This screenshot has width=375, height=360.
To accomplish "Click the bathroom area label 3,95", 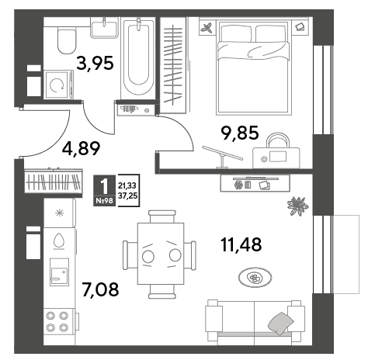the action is pyautogui.click(x=95, y=64).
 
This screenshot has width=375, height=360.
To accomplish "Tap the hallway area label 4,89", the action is pyautogui.click(x=81, y=149).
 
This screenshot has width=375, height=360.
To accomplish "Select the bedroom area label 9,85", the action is pyautogui.click(x=240, y=133).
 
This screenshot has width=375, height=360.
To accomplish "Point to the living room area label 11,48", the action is pyautogui.click(x=241, y=244).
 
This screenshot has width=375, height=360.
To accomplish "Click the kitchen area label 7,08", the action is pyautogui.click(x=100, y=289).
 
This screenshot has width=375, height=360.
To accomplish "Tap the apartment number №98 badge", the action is pyautogui.click(x=105, y=201).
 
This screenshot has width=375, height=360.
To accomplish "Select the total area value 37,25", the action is pyautogui.click(x=127, y=196).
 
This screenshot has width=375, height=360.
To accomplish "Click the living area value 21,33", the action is pyautogui.click(x=127, y=185).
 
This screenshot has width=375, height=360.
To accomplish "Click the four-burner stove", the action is pyautogui.click(x=59, y=322).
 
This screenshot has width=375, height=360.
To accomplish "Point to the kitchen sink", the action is pyautogui.click(x=60, y=272).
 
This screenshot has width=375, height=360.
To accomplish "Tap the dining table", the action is pyautogui.click(x=161, y=254).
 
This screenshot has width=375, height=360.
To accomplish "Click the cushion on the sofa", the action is pyautogui.click(x=280, y=323).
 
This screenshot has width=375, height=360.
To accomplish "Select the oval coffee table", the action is pyautogui.click(x=255, y=278).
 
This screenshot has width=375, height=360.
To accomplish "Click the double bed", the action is pyautogui.click(x=253, y=67).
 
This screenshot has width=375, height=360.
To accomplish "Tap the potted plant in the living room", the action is pyautogui.click(x=298, y=206).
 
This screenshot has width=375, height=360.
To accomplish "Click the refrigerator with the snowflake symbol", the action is pyautogui.click(x=60, y=213).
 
